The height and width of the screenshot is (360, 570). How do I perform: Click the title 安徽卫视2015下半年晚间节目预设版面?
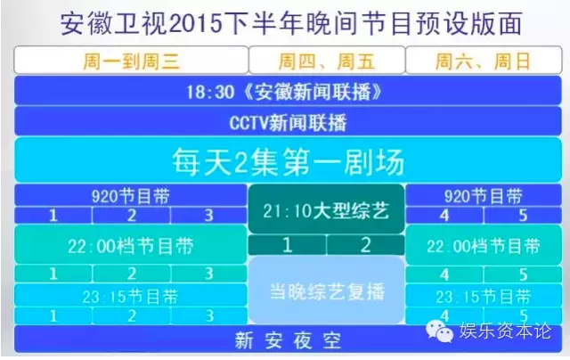[291, 24]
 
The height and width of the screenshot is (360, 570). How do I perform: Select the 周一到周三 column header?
[131, 61]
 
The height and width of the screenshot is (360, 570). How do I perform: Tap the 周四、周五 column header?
[327, 61]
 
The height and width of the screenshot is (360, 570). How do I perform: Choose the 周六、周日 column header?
[484, 61]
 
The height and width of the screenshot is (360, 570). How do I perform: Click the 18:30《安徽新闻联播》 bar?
[288, 91]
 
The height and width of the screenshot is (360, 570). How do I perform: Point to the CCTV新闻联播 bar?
[288, 122]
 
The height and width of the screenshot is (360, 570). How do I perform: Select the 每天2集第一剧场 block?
[288, 160]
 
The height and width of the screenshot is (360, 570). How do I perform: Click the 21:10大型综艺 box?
[326, 209]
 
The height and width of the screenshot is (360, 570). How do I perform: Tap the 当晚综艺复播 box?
[327, 290]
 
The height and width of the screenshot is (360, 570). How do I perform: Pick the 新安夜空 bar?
[288, 340]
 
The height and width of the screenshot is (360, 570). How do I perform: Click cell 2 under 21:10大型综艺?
[366, 245]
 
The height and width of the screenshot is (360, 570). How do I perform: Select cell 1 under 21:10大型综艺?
[287, 245]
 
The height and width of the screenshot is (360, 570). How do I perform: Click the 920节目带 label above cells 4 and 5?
[484, 196]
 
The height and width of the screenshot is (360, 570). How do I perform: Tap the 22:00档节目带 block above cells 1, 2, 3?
[131, 245]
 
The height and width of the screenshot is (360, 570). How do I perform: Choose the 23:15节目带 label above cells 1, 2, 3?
[131, 296]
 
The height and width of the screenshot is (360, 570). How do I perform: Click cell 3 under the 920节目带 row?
[208, 216]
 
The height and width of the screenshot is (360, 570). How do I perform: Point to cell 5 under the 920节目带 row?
[523, 216]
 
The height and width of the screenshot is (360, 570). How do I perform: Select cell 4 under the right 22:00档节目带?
[444, 274]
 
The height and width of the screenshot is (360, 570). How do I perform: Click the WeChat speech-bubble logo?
[440, 331]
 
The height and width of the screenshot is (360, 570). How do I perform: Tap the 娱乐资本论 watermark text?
[505, 331]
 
